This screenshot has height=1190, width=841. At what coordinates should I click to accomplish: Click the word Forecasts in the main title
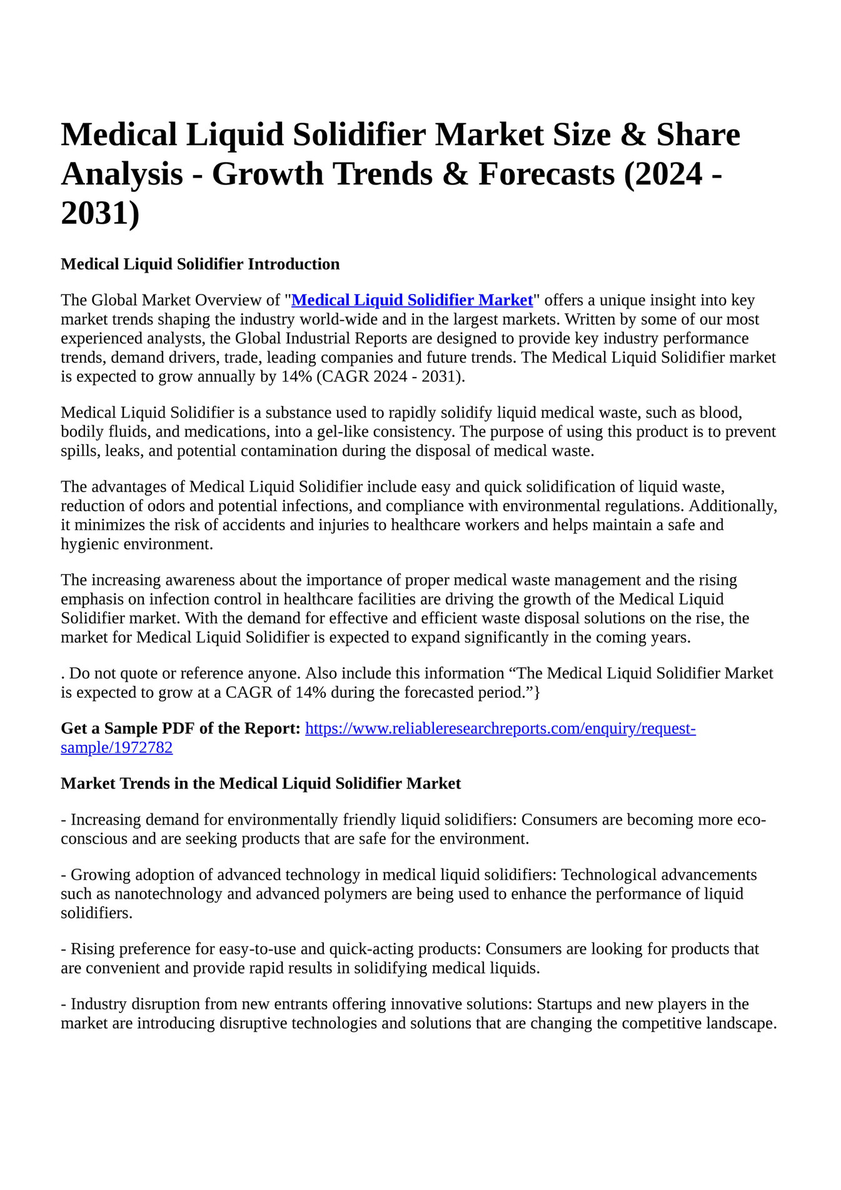pyautogui.click(x=546, y=174)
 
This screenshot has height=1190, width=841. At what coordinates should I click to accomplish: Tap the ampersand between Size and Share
pyautogui.click(x=632, y=135)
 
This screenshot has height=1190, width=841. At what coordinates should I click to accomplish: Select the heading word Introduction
pyautogui.click(x=293, y=264)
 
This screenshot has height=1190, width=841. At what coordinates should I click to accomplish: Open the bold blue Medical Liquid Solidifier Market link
pyautogui.click(x=412, y=300)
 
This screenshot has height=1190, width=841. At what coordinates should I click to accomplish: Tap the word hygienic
pyautogui.click(x=89, y=544)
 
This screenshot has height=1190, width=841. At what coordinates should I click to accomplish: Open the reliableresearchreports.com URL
pyautogui.click(x=500, y=729)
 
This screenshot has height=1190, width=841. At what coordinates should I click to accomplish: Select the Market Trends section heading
pyautogui.click(x=261, y=784)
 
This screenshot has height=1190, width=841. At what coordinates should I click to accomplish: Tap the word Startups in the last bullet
pyautogui.click(x=563, y=1004)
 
